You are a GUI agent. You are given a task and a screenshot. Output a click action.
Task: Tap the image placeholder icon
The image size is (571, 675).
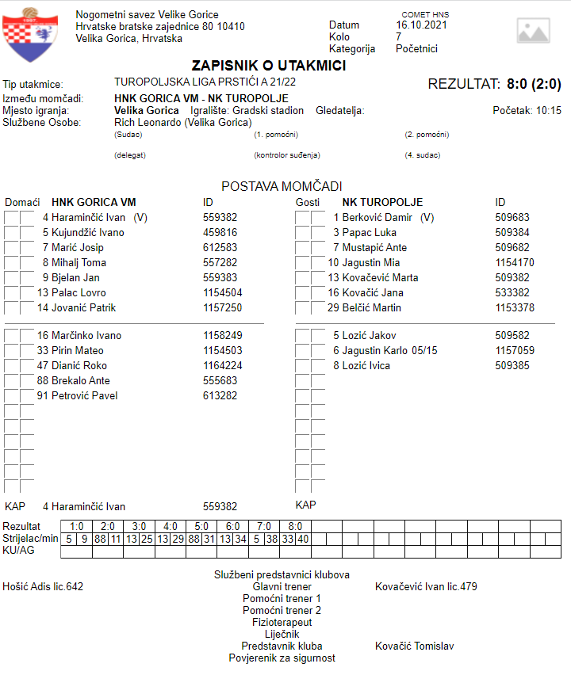(x=533, y=31)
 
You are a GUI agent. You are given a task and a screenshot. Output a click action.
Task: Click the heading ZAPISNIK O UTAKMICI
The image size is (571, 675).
(x=269, y=66)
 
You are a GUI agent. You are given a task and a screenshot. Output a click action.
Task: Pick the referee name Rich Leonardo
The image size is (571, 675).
(x=182, y=123)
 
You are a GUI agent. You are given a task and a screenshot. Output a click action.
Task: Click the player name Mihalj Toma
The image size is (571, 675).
(x=79, y=263)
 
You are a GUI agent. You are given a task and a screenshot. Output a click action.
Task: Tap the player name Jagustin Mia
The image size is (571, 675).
(x=371, y=263)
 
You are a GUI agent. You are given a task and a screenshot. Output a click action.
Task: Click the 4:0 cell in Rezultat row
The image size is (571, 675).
(x=171, y=526)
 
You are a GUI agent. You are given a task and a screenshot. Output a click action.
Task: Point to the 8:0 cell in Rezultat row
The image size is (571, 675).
(x=294, y=526)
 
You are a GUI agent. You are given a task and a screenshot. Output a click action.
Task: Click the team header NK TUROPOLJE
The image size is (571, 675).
(x=382, y=203)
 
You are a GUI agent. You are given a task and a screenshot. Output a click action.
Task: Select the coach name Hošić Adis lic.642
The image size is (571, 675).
(x=43, y=587)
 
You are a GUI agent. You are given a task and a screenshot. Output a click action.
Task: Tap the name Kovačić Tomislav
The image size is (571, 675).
(x=414, y=646)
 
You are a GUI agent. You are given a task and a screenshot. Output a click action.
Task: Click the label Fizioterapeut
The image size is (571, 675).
(x=282, y=623)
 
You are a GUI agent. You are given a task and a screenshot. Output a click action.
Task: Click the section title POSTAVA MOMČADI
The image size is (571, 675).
(x=282, y=186)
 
